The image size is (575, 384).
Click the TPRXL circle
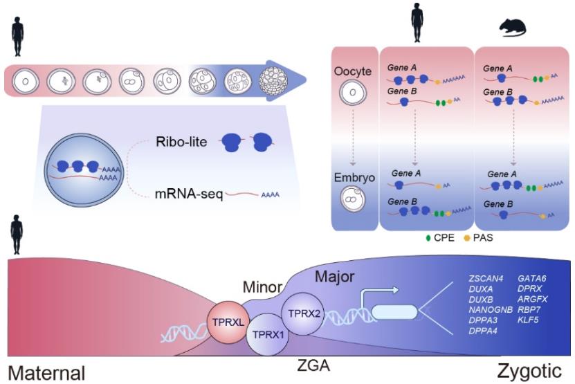[x=228, y=322]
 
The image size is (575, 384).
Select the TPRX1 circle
[x=267, y=334]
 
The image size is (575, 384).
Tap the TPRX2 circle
[x=304, y=314]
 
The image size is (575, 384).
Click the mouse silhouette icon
[x=513, y=28]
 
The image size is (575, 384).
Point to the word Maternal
[x=46, y=373]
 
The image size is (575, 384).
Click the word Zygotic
[x=529, y=371]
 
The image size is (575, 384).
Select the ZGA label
[x=313, y=365]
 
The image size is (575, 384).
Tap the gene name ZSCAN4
[x=486, y=278]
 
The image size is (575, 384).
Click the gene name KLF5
[x=528, y=320]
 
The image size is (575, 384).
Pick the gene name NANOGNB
[x=491, y=309]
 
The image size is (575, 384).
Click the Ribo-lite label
[x=181, y=142]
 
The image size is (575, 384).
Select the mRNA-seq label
[x=189, y=193]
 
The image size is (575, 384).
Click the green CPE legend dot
[x=428, y=238]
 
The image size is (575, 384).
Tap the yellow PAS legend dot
[x=467, y=238]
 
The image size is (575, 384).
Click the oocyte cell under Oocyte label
[x=353, y=92]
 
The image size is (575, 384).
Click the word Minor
[x=262, y=287]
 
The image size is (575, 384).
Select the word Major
[x=335, y=277]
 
